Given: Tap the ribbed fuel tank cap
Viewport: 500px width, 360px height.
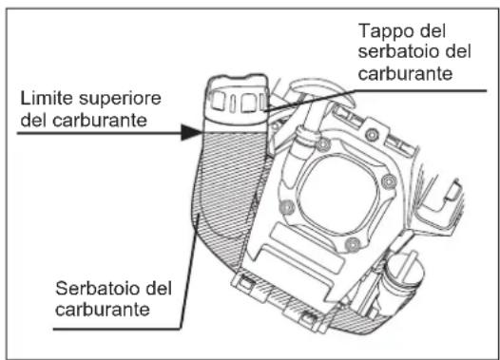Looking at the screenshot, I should click(235, 103).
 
